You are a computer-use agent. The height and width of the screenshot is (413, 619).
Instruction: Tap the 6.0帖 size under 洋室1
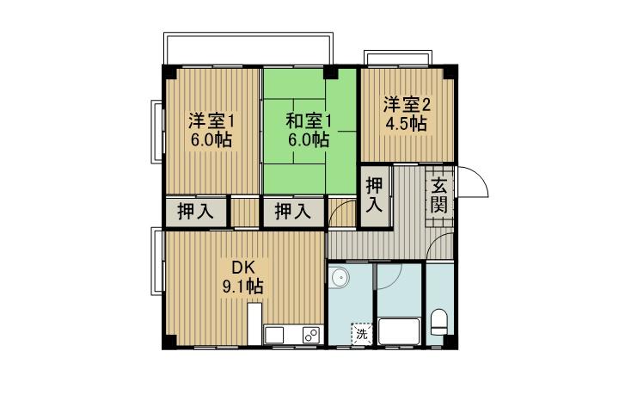click(x=211, y=140)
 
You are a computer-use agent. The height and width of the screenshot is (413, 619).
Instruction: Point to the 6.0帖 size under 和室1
click(x=309, y=139)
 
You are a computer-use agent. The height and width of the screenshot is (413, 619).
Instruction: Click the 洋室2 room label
click(x=406, y=104)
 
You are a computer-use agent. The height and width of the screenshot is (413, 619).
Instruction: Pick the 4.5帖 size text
click(x=406, y=124)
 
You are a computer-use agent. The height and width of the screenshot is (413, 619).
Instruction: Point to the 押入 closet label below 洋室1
click(x=196, y=212)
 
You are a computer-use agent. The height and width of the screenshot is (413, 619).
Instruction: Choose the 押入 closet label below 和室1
click(x=293, y=212)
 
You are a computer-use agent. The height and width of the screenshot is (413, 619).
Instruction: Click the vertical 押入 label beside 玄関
click(x=375, y=196)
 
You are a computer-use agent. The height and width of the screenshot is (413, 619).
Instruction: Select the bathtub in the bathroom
click(x=400, y=331)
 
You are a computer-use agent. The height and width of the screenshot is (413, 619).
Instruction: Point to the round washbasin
click(x=340, y=277)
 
